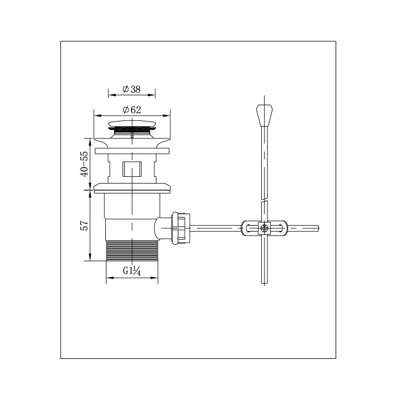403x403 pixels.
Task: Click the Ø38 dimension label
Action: pos(131,89)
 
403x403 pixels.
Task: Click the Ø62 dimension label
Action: pos(132,110)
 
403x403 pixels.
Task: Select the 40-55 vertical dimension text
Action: pos(84,164)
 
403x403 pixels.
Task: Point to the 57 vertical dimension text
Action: pos(84,225)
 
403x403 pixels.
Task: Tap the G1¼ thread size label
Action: pos(132,271)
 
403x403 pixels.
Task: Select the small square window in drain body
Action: pos(132,169)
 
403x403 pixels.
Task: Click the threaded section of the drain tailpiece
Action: pos(132,250)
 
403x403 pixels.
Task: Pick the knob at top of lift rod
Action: pos(264,116)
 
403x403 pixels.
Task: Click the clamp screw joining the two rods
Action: pos(264,228)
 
